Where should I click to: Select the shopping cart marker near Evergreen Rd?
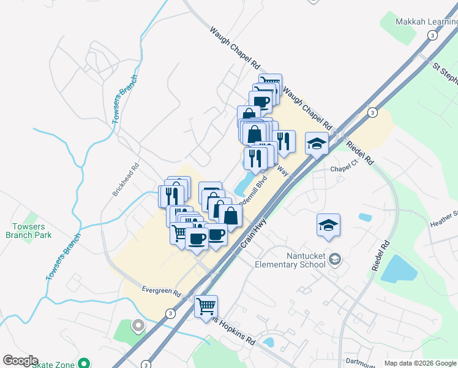tap(206, 307)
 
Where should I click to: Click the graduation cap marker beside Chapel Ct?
tap(317, 144)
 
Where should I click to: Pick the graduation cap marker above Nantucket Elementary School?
tap(328, 225)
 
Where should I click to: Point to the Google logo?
tap(20, 361)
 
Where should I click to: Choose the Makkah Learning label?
tap(427, 22)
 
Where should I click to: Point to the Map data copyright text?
tap(419, 363)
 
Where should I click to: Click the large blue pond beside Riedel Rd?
tap(399, 268)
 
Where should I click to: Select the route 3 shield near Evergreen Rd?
tap(170, 313)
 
